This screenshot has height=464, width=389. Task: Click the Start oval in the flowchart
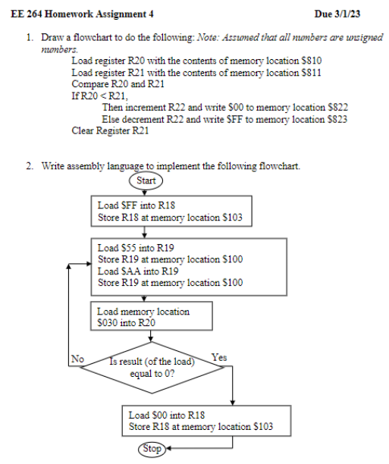point(146,180)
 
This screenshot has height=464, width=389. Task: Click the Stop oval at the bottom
point(152,448)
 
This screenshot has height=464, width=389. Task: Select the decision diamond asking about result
point(152,368)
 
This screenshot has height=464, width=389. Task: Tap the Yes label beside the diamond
point(218,357)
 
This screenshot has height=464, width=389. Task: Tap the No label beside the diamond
point(77,358)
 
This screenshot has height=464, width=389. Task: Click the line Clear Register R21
point(109,130)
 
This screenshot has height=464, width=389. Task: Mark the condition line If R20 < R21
point(99,96)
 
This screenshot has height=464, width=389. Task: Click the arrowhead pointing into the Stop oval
point(170,448)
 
